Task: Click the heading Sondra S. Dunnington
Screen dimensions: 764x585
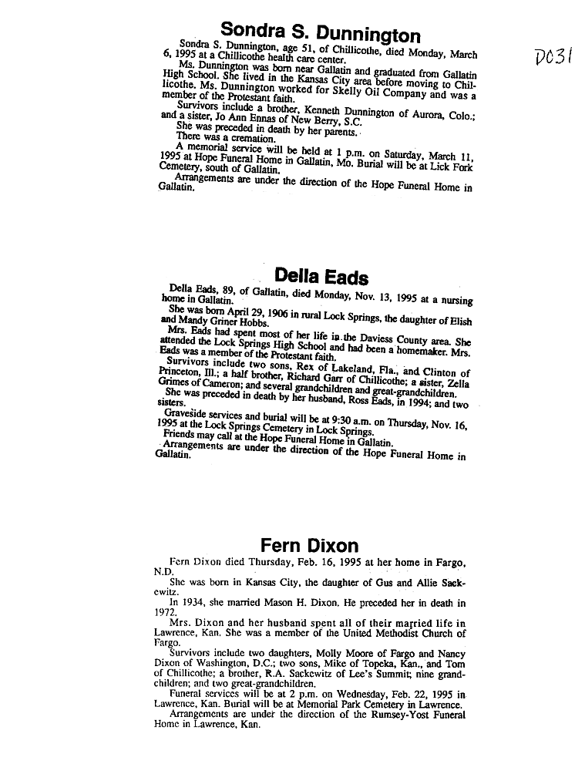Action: click(x=320, y=32)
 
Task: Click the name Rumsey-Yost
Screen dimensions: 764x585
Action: click(x=386, y=715)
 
